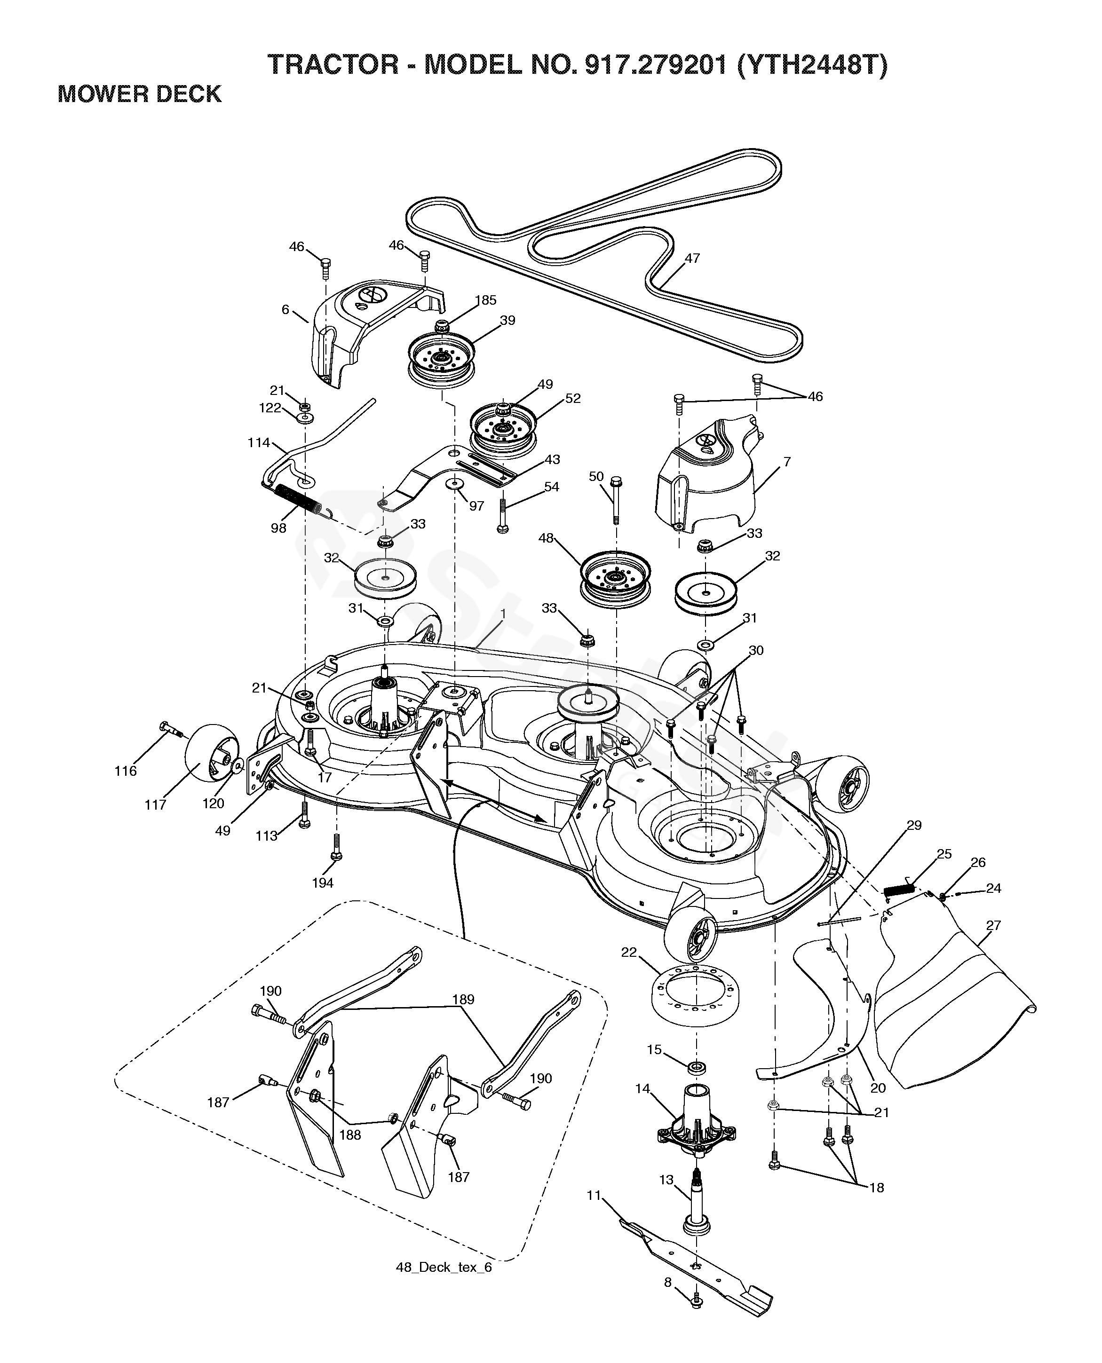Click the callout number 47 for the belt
(692, 258)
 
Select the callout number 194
(323, 882)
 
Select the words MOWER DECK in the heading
(140, 94)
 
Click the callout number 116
(125, 771)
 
